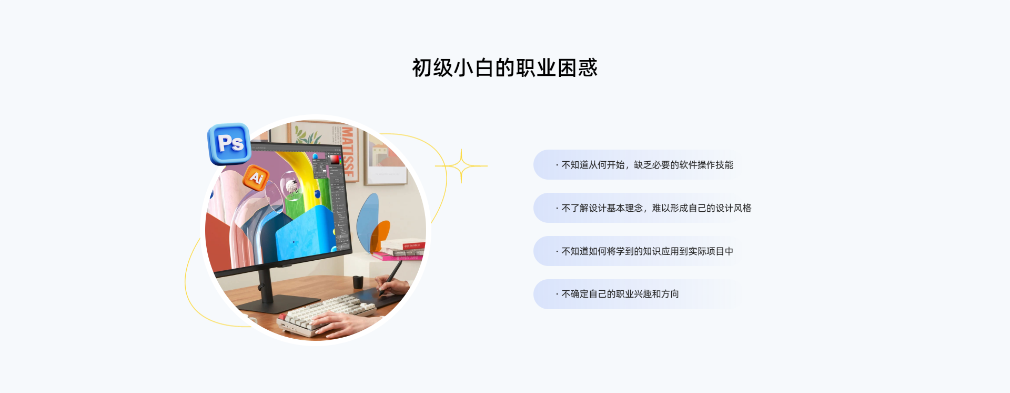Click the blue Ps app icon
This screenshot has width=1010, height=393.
click(229, 143)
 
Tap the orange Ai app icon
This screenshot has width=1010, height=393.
click(256, 178)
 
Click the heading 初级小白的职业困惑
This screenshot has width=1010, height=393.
click(504, 67)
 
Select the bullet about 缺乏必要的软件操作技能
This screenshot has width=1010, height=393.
click(644, 165)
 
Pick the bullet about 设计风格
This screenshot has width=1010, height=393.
click(653, 208)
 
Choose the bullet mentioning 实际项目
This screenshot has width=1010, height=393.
click(644, 251)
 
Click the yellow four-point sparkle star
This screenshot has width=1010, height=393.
click(461, 166)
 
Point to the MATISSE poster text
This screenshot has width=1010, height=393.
click(347, 151)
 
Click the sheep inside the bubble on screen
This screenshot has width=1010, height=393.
click(291, 185)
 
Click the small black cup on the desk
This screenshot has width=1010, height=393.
click(358, 281)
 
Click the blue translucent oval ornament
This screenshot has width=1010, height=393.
click(368, 221)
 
